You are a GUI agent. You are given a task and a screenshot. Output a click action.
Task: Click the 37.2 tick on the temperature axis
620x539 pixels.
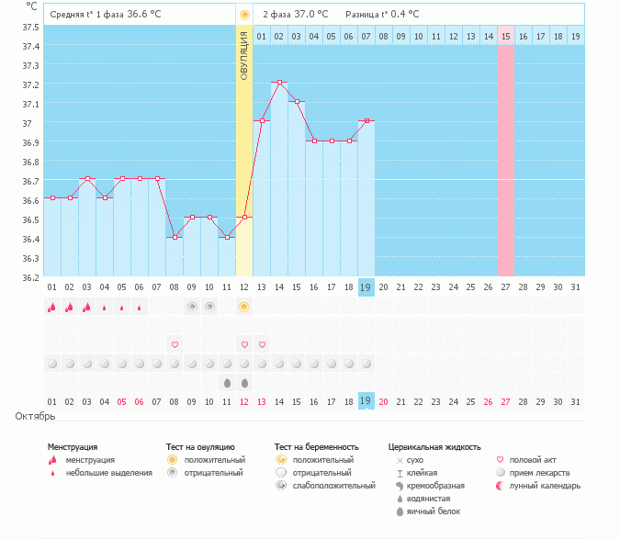(x=31, y=84)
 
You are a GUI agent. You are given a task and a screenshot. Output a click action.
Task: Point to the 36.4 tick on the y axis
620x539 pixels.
(x=31, y=239)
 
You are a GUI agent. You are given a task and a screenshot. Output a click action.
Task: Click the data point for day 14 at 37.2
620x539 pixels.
(x=279, y=83)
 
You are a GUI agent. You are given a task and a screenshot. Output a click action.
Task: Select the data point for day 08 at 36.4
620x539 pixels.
(x=175, y=237)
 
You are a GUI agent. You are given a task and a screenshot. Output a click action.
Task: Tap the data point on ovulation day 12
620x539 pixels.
(x=244, y=218)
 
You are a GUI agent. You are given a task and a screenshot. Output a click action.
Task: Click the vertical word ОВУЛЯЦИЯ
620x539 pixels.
(x=244, y=55)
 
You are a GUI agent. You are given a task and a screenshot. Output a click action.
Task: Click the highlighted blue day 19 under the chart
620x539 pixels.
(x=366, y=287)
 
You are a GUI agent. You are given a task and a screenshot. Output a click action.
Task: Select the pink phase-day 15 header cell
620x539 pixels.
(x=505, y=36)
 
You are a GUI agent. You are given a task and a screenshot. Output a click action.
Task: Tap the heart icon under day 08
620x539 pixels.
(x=175, y=344)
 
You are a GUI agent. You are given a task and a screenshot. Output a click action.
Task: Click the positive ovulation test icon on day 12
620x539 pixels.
(x=244, y=307)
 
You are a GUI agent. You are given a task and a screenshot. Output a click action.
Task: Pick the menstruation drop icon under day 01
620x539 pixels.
(x=51, y=308)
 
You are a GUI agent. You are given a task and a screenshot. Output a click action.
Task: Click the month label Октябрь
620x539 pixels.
(x=36, y=416)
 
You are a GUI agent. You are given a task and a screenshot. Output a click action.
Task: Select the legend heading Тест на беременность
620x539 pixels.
(x=316, y=447)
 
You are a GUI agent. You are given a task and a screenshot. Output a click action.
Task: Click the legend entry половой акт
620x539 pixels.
(x=533, y=459)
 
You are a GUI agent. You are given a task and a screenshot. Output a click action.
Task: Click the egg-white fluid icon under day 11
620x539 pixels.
(x=227, y=382)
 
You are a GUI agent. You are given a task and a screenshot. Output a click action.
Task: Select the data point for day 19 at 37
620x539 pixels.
(x=366, y=121)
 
